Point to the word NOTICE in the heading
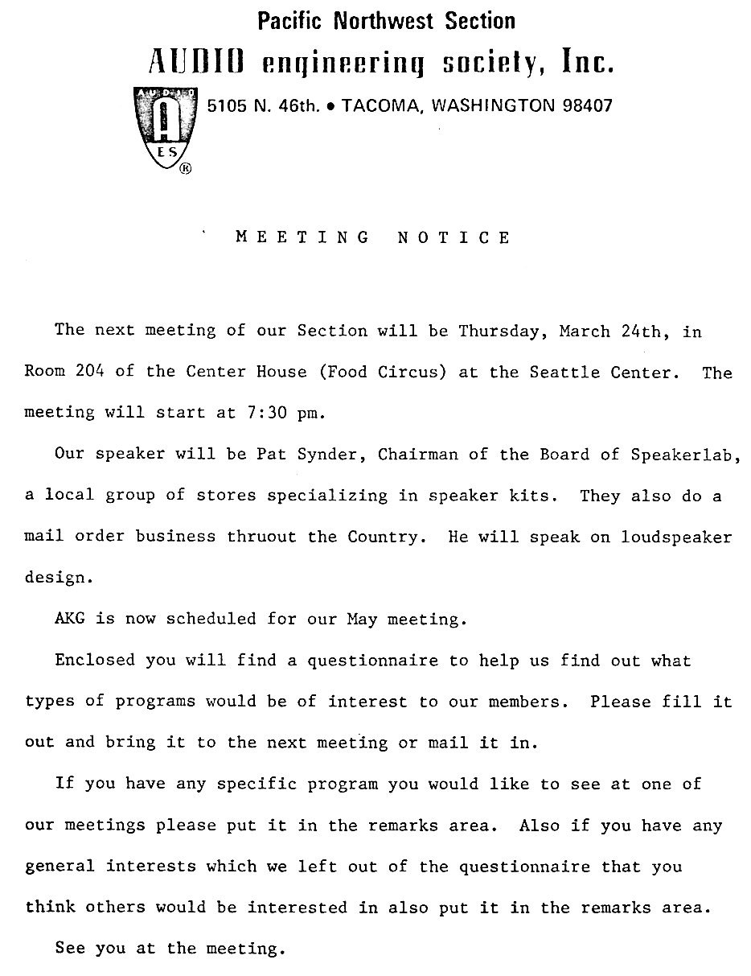click(454, 237)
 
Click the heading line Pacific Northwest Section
click(387, 21)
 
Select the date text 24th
click(640, 331)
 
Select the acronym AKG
click(70, 619)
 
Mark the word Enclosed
click(95, 661)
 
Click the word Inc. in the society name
click(586, 62)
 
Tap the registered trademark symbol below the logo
click(186, 169)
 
